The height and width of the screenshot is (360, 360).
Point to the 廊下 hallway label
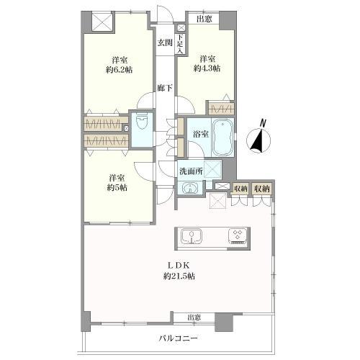click(x=165, y=89)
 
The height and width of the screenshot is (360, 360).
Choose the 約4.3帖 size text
click(x=207, y=69)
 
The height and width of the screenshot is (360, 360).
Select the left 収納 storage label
click(x=241, y=188)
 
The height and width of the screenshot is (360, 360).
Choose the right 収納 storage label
click(x=262, y=188)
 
